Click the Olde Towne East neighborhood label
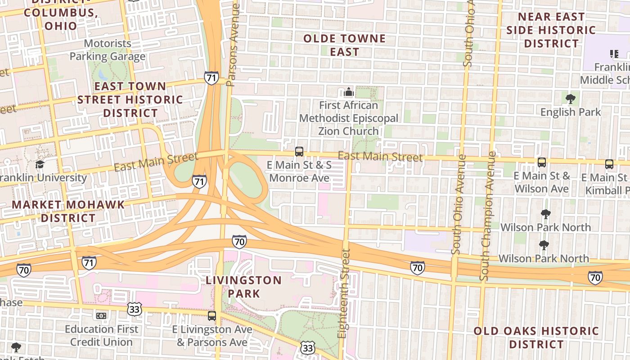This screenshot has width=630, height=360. click(344, 45)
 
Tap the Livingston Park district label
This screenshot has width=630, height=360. click(243, 287)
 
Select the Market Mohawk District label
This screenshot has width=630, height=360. click(68, 211)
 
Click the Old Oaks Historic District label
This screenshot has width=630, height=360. click(536, 337)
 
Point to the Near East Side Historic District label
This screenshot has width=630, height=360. click(551, 30)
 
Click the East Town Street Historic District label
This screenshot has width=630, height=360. click(130, 99)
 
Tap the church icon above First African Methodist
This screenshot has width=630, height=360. click(349, 93)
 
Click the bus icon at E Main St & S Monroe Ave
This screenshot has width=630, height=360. click(299, 152)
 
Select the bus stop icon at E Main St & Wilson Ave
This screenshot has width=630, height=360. click(542, 162)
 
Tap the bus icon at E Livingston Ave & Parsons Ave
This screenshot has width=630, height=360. click(212, 315)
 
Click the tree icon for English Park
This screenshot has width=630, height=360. click(571, 99)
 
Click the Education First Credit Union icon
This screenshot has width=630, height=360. click(101, 316)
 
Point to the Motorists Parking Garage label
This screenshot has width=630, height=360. click(108, 50)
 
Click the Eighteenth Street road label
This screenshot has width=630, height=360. click(344, 293)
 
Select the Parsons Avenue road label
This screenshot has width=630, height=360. click(233, 45)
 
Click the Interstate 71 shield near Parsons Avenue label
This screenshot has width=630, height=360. click(211, 77)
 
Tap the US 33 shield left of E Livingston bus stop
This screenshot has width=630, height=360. click(135, 309)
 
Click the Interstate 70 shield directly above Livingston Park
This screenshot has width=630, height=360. click(239, 242)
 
